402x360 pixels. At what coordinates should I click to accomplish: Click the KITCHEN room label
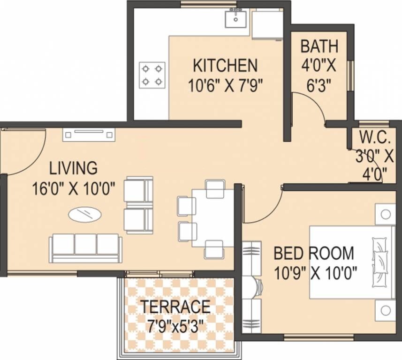225,64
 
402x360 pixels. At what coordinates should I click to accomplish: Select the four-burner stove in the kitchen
152,75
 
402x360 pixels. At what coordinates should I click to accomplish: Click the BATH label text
319,46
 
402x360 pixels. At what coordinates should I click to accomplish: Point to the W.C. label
375,137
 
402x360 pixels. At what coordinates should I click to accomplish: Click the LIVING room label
74,167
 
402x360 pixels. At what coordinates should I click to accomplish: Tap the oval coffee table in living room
84,215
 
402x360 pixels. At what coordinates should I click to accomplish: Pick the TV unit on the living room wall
89,135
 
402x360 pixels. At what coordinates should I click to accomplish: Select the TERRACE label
176,307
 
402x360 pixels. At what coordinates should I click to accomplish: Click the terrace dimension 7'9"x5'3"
176,325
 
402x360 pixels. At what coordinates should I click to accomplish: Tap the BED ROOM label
314,253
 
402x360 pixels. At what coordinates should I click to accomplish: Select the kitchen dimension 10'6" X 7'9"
225,85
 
